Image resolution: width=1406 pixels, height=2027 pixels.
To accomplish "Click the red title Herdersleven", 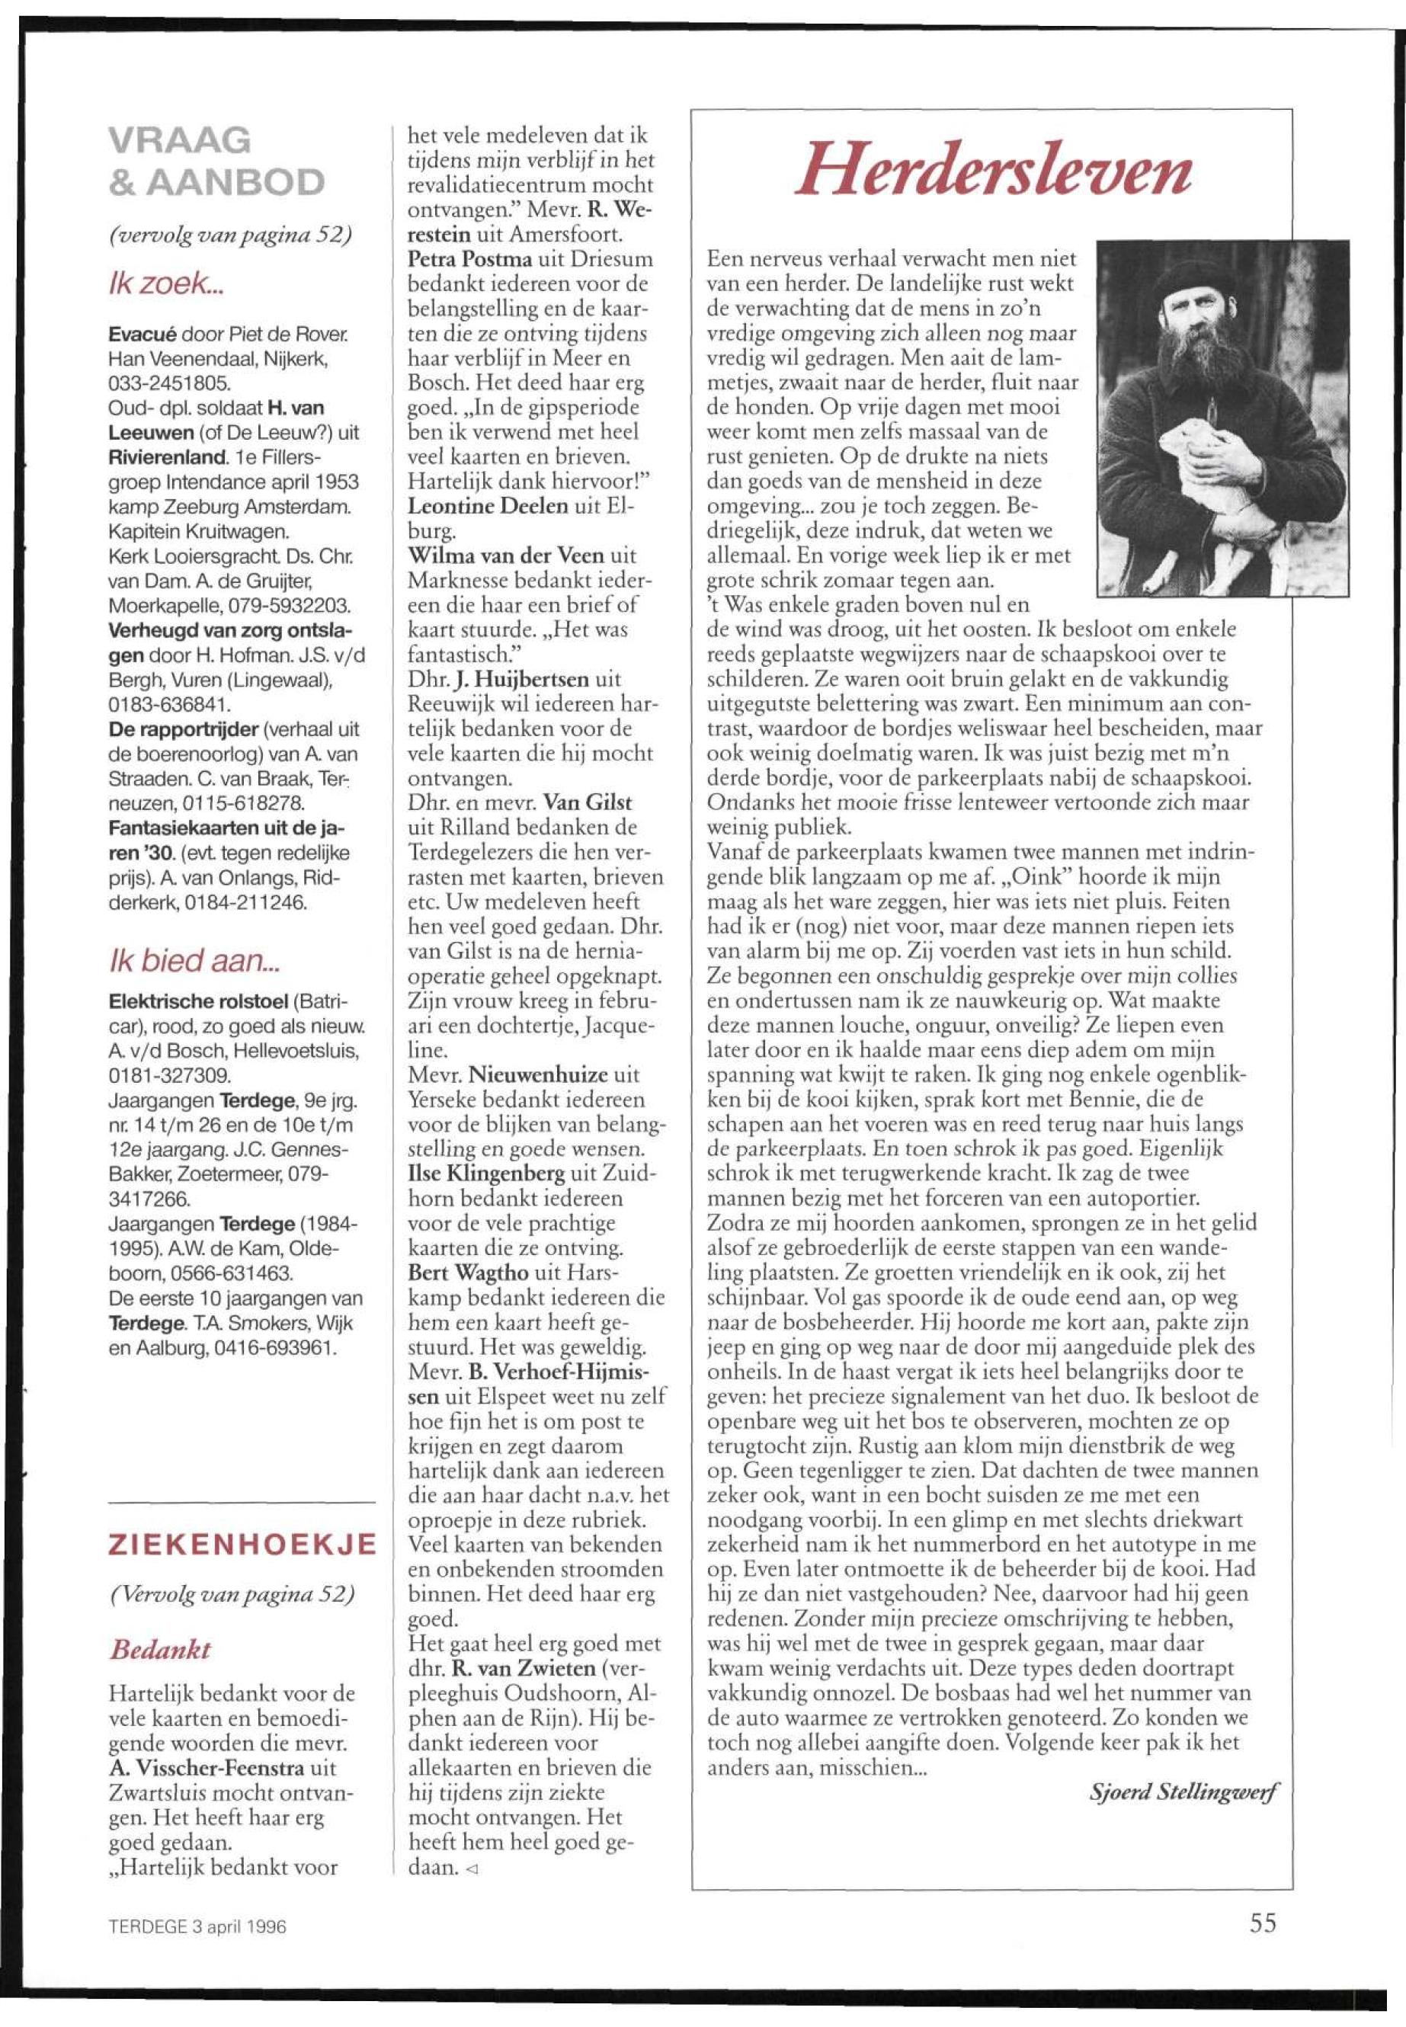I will tap(992, 170).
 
